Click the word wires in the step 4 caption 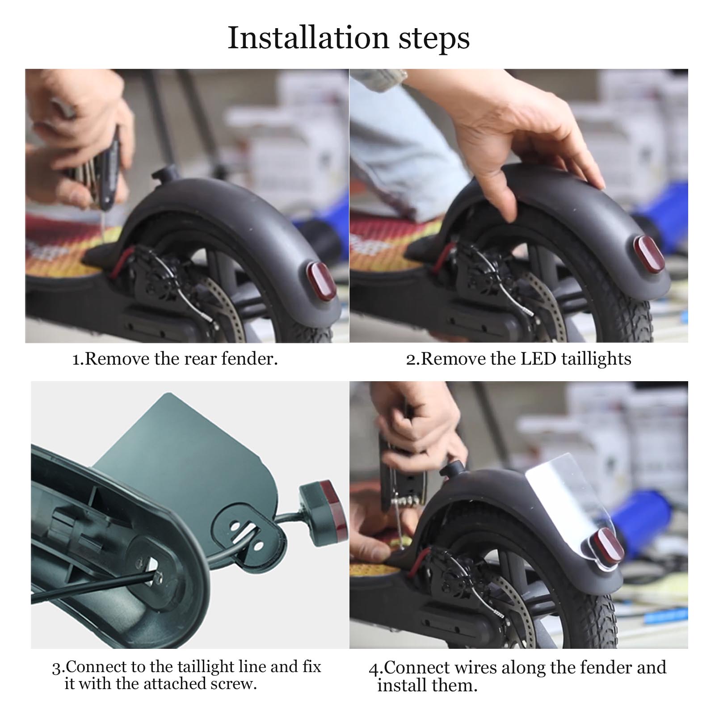476,668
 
